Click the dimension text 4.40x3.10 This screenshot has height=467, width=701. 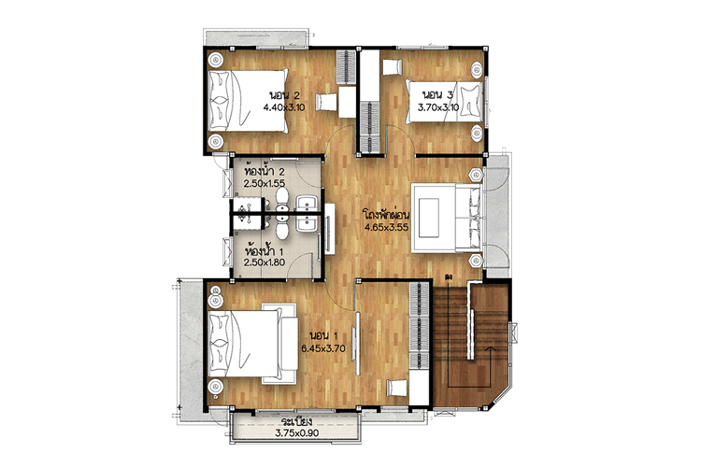284,107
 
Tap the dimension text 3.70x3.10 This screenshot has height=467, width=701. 438,107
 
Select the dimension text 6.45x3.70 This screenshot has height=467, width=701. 323,348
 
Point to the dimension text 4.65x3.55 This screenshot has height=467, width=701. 387,227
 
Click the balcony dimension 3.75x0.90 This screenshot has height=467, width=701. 297,432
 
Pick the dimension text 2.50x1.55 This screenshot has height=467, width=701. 265,183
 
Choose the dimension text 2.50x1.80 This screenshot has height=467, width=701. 265,262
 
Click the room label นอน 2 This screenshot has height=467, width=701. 284,95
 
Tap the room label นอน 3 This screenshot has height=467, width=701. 438,94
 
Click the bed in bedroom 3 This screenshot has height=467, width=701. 445,102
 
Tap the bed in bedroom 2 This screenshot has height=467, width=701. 248,100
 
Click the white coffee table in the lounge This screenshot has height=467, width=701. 428,218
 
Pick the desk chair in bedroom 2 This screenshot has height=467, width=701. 326,103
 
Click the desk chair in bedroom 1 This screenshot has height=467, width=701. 397,388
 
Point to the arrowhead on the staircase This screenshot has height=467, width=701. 490,347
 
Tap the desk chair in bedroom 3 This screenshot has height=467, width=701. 393,67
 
